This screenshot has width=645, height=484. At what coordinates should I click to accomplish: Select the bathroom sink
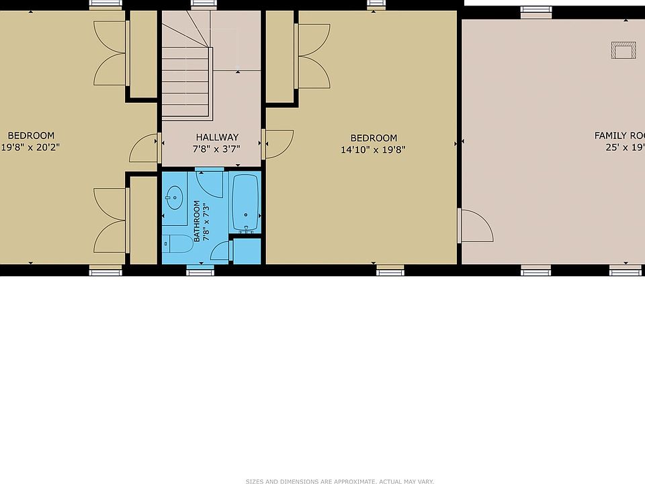(x=175, y=198)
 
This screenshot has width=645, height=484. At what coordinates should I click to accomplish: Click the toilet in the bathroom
(x=177, y=243)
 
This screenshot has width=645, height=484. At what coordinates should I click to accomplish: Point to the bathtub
(x=245, y=202)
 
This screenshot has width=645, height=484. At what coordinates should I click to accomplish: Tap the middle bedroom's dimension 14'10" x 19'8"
(x=373, y=150)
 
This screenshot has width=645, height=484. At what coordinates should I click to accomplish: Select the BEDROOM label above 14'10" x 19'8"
(x=373, y=138)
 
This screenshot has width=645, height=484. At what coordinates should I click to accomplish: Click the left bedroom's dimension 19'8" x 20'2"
(x=31, y=147)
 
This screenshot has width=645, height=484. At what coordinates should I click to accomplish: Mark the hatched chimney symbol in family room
(x=623, y=50)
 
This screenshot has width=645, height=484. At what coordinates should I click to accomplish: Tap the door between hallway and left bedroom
(x=144, y=147)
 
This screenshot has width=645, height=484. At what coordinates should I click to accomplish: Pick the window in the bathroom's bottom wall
(x=200, y=271)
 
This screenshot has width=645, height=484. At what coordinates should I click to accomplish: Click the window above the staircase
(x=200, y=4)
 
